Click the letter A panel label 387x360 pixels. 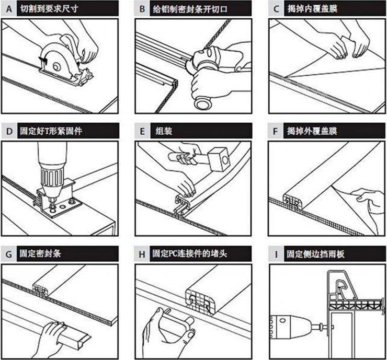click(9, 9)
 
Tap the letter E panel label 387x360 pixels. click(142, 131)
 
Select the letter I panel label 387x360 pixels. click(276, 254)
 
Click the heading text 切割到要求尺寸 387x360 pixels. click(49, 9)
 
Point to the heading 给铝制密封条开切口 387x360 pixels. click(190, 9)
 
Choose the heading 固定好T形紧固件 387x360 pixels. click(51, 131)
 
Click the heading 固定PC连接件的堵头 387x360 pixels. click(189, 253)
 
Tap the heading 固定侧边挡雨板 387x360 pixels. click(315, 254)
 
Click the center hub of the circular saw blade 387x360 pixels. click(57, 66)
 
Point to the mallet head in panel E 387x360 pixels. click(219, 159)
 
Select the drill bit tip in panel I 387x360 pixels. click(333, 327)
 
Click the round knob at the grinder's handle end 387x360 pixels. click(203, 103)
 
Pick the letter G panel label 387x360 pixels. click(9, 254)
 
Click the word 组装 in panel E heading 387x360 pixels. click(164, 131)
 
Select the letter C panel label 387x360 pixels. click(277, 9)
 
